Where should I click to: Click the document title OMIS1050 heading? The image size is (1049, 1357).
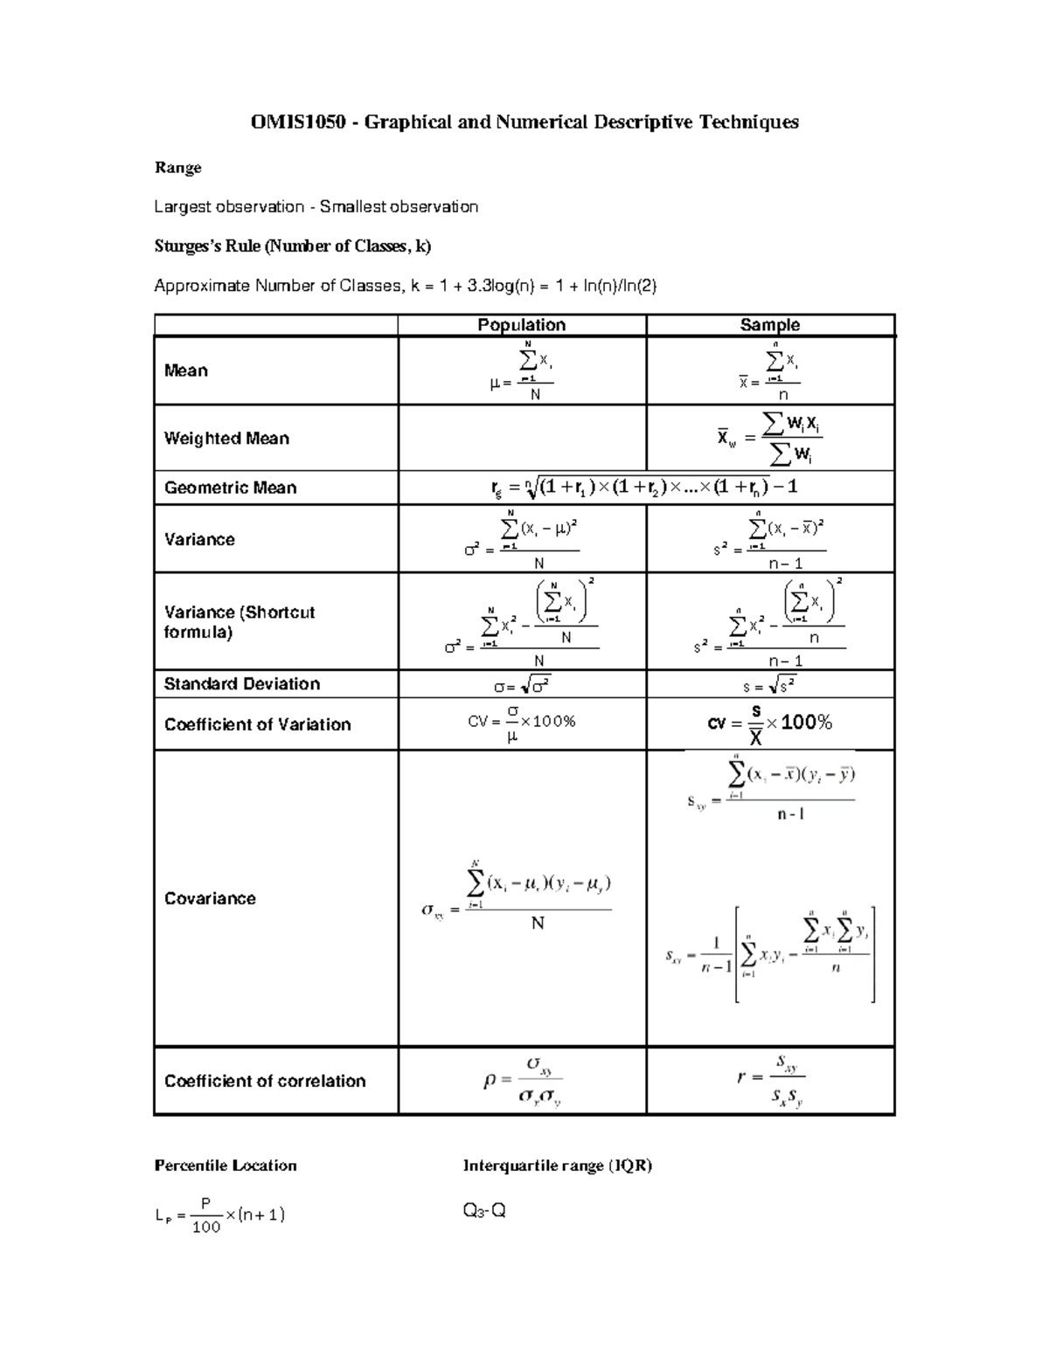pyautogui.click(x=524, y=121)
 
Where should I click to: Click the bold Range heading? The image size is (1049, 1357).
pyautogui.click(x=177, y=167)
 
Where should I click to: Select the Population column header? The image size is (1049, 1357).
pyautogui.click(x=521, y=325)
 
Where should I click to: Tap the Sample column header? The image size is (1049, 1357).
pyautogui.click(x=769, y=325)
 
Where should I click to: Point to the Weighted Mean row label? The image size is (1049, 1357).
pyautogui.click(x=226, y=438)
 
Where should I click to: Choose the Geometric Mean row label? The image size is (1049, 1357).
pyautogui.click(x=230, y=488)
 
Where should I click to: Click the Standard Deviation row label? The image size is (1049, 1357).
pyautogui.click(x=241, y=683)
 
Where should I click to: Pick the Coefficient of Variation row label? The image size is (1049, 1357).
pyautogui.click(x=257, y=724)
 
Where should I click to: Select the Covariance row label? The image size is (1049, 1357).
pyautogui.click(x=210, y=898)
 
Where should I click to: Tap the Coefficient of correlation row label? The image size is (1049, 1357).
pyautogui.click(x=265, y=1081)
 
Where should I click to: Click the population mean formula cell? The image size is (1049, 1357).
pyautogui.click(x=522, y=371)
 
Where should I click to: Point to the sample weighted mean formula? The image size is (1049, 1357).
pyautogui.click(x=769, y=439)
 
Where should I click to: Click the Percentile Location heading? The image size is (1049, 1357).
pyautogui.click(x=226, y=1165)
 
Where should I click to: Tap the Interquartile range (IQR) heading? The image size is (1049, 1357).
pyautogui.click(x=558, y=1165)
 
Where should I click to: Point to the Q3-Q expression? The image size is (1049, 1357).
pyautogui.click(x=484, y=1211)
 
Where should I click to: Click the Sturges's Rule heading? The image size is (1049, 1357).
pyautogui.click(x=292, y=246)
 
